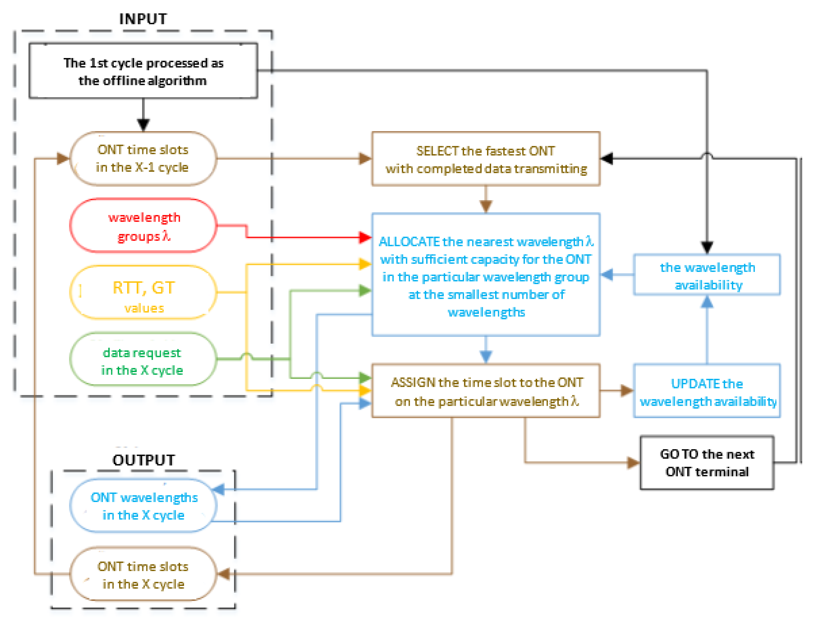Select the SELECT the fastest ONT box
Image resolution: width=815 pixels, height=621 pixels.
[x=486, y=159]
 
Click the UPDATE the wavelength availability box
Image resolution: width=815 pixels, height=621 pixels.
[x=707, y=391]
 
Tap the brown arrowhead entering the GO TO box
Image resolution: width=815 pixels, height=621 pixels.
[x=634, y=462]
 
